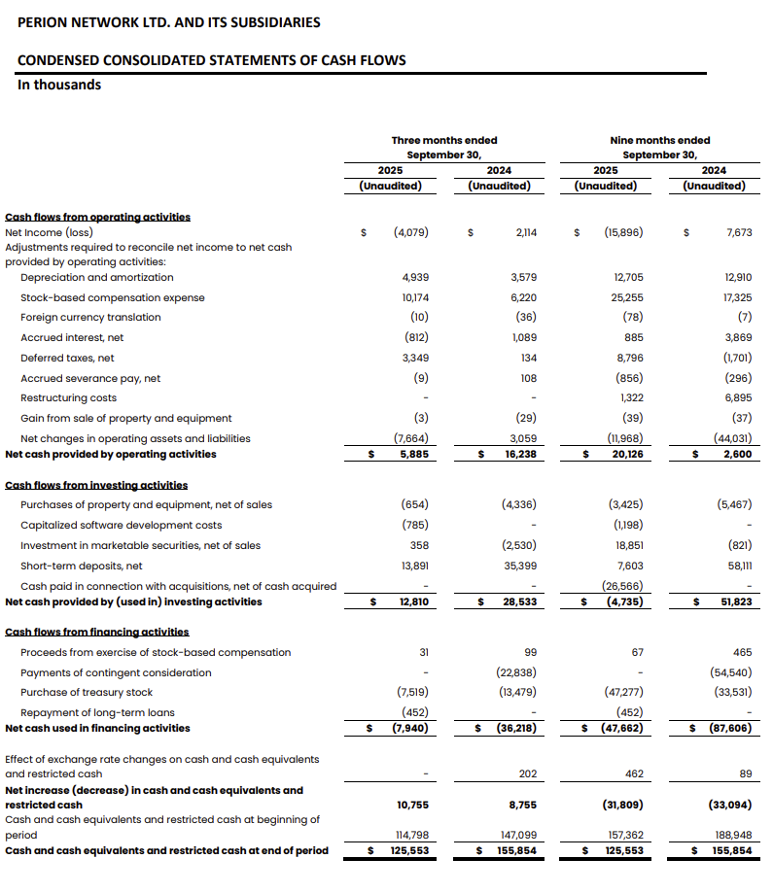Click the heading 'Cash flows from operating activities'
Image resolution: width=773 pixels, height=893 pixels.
tap(98, 218)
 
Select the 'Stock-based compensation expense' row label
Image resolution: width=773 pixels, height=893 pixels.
tap(112, 297)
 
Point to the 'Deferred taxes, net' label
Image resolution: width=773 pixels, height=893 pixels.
tap(67, 358)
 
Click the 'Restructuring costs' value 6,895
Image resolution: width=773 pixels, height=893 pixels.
tap(735, 397)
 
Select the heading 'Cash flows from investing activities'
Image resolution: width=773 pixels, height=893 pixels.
tap(97, 484)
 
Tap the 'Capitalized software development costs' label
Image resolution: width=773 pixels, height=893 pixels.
tap(121, 525)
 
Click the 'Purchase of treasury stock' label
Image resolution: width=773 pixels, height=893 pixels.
tap(87, 692)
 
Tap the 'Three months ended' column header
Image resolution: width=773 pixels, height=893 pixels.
tap(444, 140)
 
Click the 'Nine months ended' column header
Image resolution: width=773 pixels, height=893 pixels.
tap(660, 140)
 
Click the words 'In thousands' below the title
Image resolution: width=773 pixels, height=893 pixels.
tap(59, 85)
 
